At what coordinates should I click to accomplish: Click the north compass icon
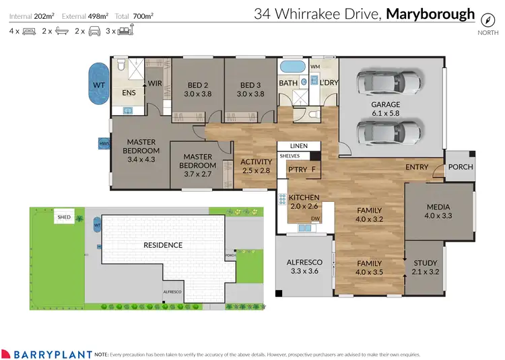pyautogui.click(x=484, y=17)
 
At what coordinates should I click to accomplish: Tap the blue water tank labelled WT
pyautogui.click(x=98, y=85)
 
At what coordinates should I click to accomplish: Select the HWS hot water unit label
pyautogui.click(x=104, y=143)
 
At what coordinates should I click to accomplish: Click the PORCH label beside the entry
pyautogui.click(x=461, y=167)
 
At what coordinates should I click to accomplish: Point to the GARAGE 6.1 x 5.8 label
pyautogui.click(x=386, y=109)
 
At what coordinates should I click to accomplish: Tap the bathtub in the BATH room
pyautogui.click(x=291, y=68)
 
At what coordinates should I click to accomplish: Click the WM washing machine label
pyautogui.click(x=314, y=67)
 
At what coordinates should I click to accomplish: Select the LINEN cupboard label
pyautogui.click(x=298, y=146)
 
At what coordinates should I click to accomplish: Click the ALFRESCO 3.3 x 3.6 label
pyautogui.click(x=305, y=266)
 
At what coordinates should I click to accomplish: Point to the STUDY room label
pyautogui.click(x=425, y=267)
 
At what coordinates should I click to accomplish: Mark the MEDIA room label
pyautogui.click(x=438, y=211)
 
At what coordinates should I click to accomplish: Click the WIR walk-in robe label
pyautogui.click(x=154, y=83)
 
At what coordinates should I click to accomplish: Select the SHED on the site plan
pyautogui.click(x=64, y=217)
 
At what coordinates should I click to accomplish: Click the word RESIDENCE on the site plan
pyautogui.click(x=163, y=245)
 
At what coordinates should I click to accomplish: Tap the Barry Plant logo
pyautogui.click(x=46, y=353)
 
